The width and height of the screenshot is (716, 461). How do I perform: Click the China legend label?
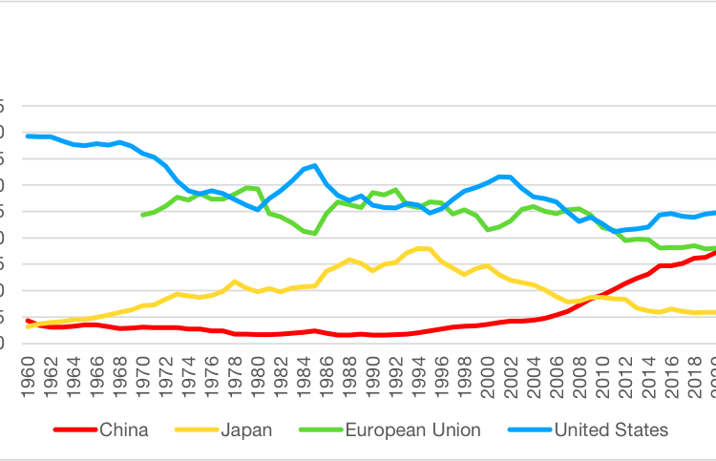124,430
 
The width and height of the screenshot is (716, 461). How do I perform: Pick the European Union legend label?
413,430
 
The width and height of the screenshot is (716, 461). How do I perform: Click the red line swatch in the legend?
74,430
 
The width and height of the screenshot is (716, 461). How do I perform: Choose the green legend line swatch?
322,430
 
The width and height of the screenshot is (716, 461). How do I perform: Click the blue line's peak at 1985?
315,165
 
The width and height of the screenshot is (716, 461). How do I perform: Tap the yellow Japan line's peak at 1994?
420,248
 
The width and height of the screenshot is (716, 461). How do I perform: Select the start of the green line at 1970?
142,215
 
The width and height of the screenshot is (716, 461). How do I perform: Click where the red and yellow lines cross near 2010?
599,297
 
